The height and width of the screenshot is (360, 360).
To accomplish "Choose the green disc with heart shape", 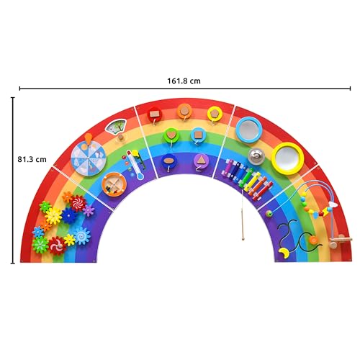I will [x=173, y=134].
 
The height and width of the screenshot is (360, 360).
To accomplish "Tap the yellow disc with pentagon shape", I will [x=215, y=112].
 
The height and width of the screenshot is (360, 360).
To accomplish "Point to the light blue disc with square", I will [x=197, y=135].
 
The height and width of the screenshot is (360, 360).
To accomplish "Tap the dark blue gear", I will [x=70, y=216].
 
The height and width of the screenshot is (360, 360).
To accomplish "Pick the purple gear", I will [x=89, y=210].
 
